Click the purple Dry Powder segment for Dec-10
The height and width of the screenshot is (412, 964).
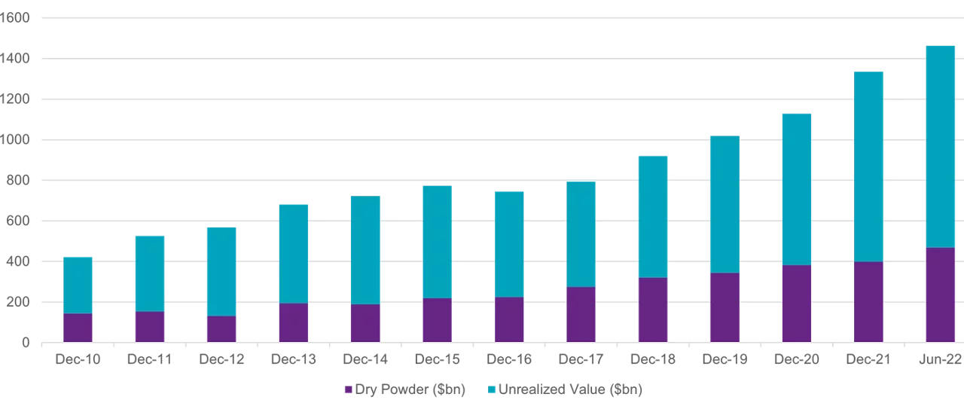point(78,328)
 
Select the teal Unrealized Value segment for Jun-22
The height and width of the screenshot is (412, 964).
point(940,146)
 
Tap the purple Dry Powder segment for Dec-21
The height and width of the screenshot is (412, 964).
point(868,302)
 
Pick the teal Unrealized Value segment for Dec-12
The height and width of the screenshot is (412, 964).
point(221,271)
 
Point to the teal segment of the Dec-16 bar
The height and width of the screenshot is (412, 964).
point(510,244)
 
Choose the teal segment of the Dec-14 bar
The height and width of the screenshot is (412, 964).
point(365,250)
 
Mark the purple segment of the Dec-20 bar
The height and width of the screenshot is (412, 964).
point(797,304)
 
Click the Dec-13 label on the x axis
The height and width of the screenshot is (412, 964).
point(294,360)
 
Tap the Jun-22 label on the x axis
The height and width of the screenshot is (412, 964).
point(940,360)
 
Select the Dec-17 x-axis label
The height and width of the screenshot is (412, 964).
point(581,360)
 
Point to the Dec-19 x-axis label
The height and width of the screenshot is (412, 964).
point(725,360)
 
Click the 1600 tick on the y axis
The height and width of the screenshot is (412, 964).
point(14,17)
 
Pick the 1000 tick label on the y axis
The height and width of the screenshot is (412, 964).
point(14,139)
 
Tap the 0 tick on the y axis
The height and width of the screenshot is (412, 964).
point(25,343)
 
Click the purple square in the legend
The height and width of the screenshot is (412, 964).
point(348,390)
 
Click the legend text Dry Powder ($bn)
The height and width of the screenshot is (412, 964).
point(410,390)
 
